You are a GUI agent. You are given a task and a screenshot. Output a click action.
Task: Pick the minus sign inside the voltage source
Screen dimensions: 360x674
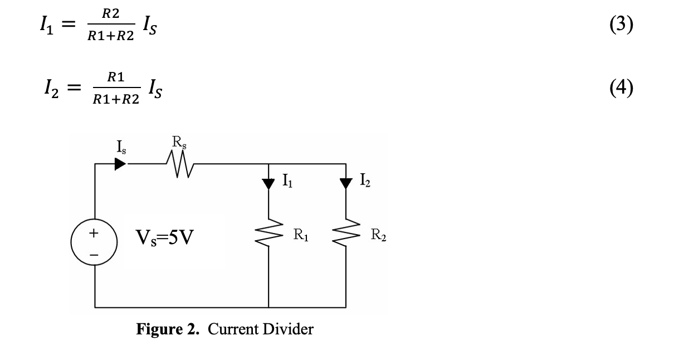94,254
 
